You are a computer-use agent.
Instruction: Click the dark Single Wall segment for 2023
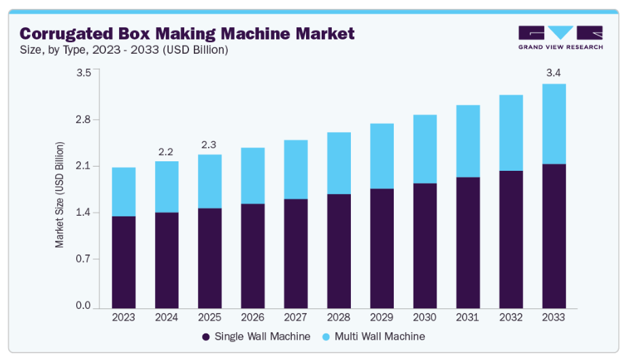click(124, 261)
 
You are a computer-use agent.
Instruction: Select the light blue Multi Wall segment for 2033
click(554, 124)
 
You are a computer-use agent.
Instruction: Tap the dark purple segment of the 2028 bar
click(339, 250)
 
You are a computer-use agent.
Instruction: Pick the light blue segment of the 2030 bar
click(425, 149)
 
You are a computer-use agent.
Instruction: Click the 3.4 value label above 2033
click(554, 73)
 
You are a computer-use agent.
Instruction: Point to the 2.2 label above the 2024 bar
click(167, 150)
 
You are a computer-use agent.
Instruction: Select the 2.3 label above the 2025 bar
click(209, 144)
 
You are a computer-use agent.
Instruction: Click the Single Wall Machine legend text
click(263, 336)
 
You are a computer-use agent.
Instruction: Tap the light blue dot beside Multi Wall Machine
click(325, 337)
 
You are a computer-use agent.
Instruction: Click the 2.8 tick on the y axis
click(83, 120)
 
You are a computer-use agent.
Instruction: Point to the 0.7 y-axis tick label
click(83, 259)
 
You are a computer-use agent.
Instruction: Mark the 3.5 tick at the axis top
click(83, 73)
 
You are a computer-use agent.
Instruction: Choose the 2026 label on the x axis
click(253, 317)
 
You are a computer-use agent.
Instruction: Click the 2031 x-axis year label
click(468, 317)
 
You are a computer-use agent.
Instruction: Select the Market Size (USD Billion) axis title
click(60, 194)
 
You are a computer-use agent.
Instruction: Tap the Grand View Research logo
click(560, 38)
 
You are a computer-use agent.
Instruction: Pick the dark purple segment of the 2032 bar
click(511, 239)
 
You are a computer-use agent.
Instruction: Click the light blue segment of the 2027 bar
click(296, 169)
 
